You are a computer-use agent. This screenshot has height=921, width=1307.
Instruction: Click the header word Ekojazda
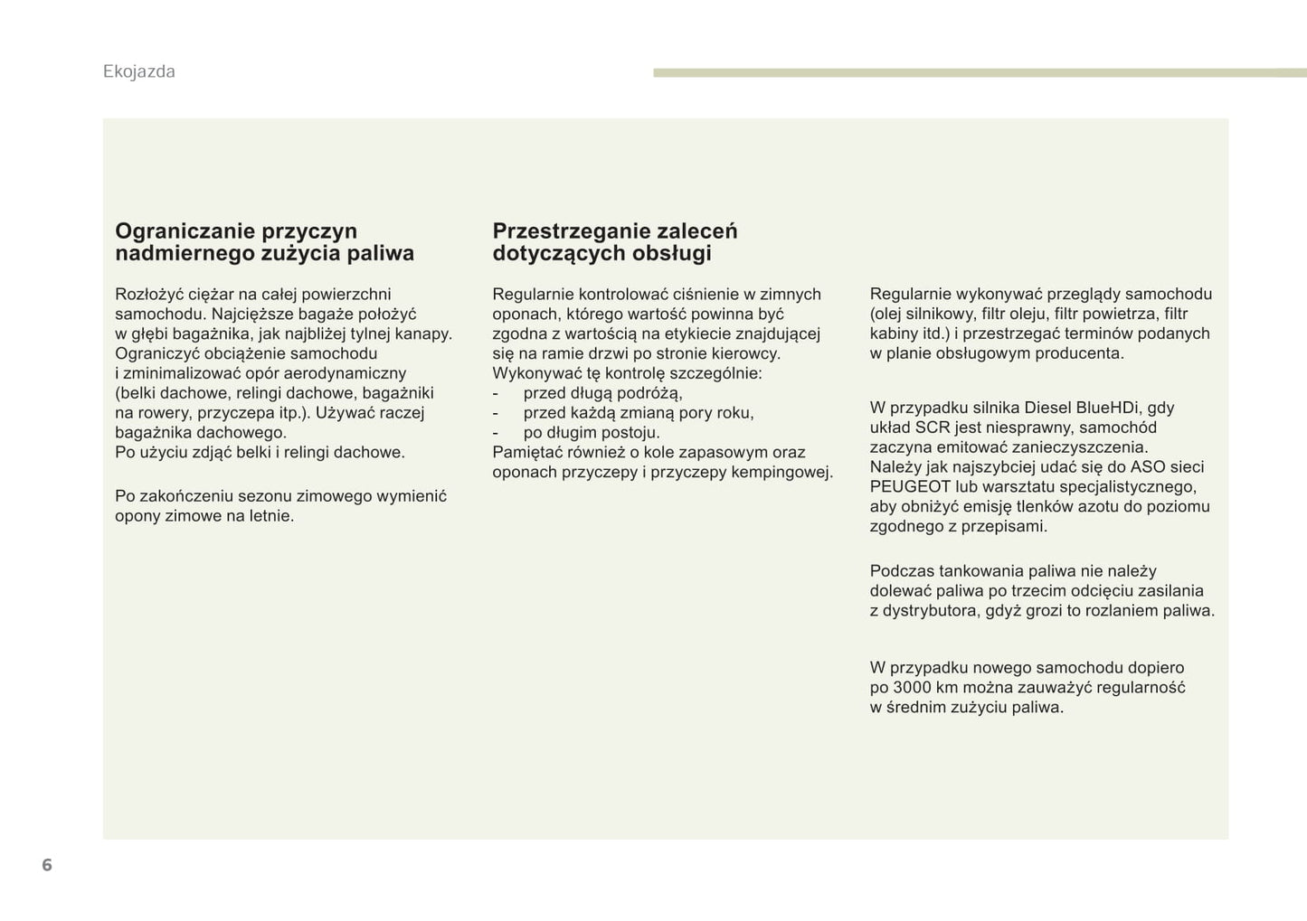click(138, 71)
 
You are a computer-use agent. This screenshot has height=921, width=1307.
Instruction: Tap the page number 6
click(47, 865)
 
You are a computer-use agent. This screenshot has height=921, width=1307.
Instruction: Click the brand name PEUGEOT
click(910, 487)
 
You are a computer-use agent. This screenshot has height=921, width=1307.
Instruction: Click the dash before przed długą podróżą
click(496, 393)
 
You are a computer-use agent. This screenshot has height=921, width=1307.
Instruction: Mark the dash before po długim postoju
click(496, 433)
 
